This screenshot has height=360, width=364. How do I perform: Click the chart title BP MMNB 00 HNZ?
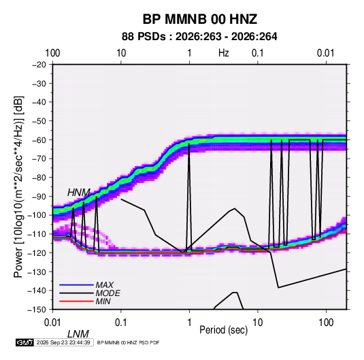[x=199, y=19]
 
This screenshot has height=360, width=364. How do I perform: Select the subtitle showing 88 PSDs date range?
[x=199, y=37]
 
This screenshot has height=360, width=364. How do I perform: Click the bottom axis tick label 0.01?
[x=53, y=323]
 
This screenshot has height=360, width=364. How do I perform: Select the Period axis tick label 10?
[x=258, y=323]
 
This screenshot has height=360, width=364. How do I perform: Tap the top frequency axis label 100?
[x=52, y=53]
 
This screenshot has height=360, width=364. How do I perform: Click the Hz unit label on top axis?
[x=224, y=53]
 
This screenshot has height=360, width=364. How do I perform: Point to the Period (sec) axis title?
[x=224, y=330]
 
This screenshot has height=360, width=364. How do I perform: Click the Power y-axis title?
[x=18, y=186]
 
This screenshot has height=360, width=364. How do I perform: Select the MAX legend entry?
[x=105, y=284]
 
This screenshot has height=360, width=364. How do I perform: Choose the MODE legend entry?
[x=107, y=293]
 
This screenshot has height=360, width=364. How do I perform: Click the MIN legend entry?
[x=103, y=301]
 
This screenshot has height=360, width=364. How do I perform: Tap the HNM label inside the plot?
[x=79, y=193]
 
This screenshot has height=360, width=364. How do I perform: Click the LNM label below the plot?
[x=78, y=334]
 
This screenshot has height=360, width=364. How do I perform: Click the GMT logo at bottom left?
[x=25, y=342]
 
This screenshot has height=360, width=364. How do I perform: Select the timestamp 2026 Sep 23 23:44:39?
[x=63, y=342]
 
